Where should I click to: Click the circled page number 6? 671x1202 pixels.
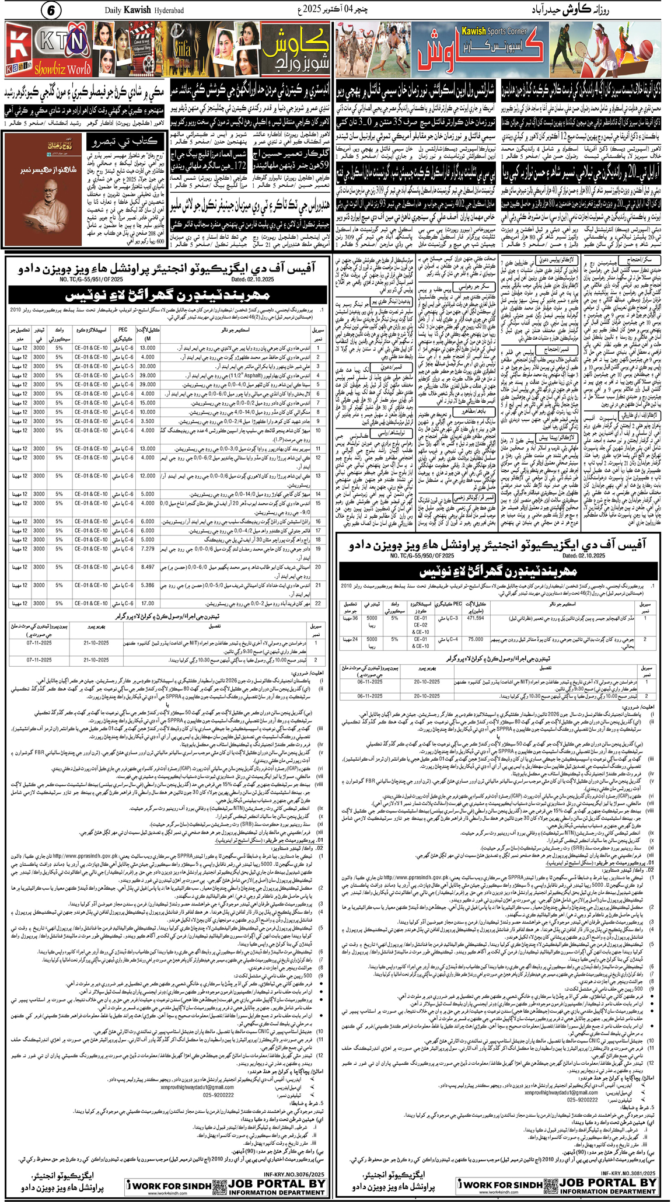(50, 11)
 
